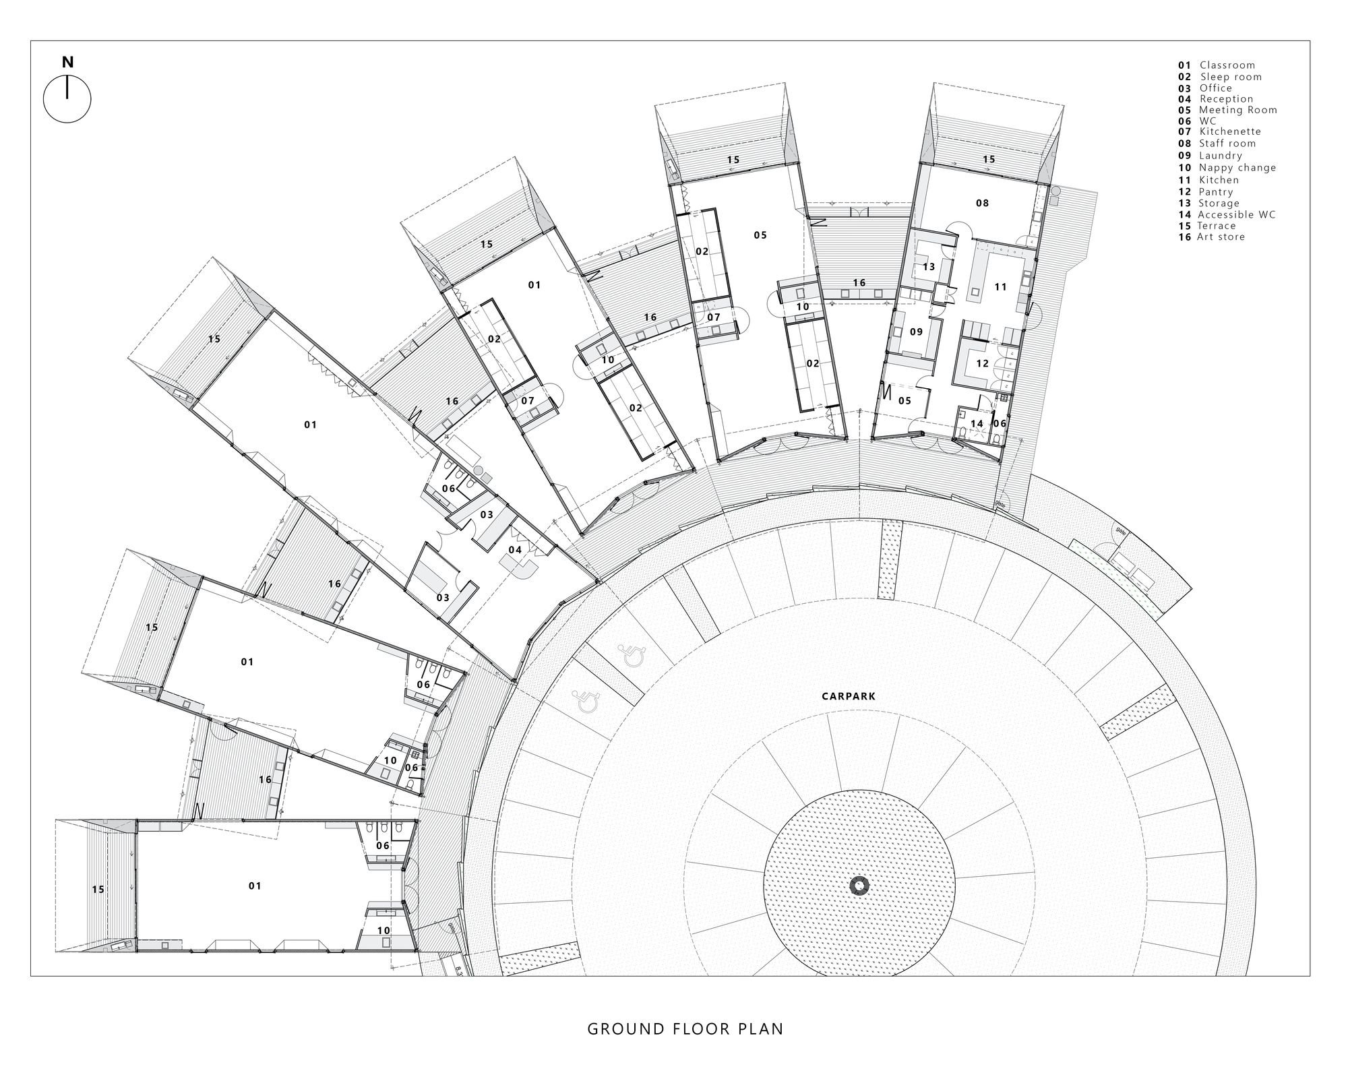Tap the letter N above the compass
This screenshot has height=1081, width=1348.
pyautogui.click(x=67, y=63)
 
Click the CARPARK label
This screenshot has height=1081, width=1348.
pyautogui.click(x=848, y=697)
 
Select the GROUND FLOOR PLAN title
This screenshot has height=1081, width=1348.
pyautogui.click(x=685, y=1029)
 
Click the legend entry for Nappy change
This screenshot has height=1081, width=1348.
pyautogui.click(x=1227, y=168)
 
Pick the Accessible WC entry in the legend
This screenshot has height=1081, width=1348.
pyautogui.click(x=1227, y=214)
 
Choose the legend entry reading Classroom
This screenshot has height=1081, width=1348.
pyautogui.click(x=1217, y=65)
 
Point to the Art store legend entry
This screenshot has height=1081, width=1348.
pyautogui.click(x=1211, y=237)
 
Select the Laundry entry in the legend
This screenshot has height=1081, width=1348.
pyautogui.click(x=1210, y=156)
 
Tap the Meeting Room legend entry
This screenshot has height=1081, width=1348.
pyautogui.click(x=1227, y=110)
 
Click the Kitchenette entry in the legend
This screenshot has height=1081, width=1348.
pyautogui.click(x=1219, y=131)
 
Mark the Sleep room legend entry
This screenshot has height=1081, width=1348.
pyautogui.click(x=1220, y=77)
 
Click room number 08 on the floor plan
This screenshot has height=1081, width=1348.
pyautogui.click(x=982, y=203)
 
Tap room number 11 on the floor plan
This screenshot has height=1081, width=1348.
pyautogui.click(x=1000, y=287)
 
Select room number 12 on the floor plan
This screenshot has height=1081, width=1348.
pyautogui.click(x=982, y=363)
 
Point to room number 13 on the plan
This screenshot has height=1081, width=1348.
pyautogui.click(x=929, y=267)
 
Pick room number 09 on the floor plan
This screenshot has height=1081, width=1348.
pyautogui.click(x=916, y=332)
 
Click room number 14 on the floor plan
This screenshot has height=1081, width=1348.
pyautogui.click(x=977, y=424)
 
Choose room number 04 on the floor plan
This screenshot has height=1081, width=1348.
pyautogui.click(x=515, y=550)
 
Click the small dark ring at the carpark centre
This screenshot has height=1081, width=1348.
pyautogui.click(x=859, y=886)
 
